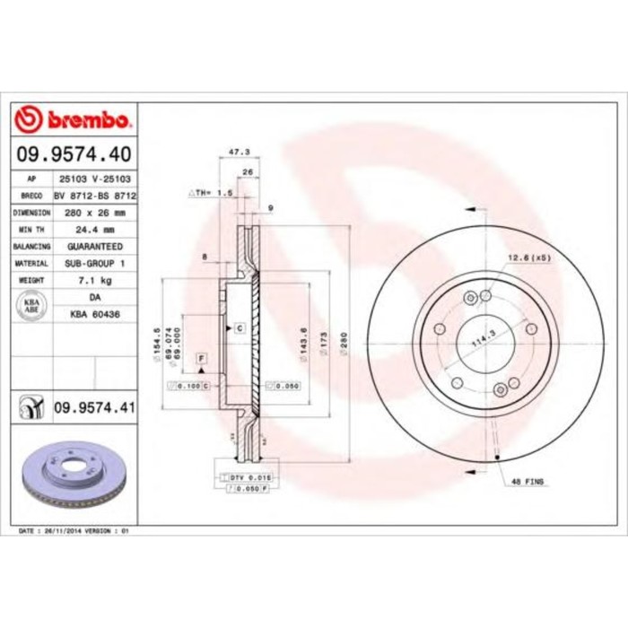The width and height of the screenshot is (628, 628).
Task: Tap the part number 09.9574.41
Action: click(x=94, y=408)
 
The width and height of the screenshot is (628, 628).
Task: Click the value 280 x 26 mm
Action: click(x=94, y=213)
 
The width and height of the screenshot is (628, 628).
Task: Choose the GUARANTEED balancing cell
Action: click(x=94, y=246)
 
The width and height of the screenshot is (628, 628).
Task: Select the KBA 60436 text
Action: click(x=94, y=314)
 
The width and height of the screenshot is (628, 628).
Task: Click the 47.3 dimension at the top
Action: click(x=239, y=153)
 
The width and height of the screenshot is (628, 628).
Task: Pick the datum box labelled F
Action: click(x=200, y=359)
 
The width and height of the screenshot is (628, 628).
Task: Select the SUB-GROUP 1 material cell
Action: click(x=94, y=263)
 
